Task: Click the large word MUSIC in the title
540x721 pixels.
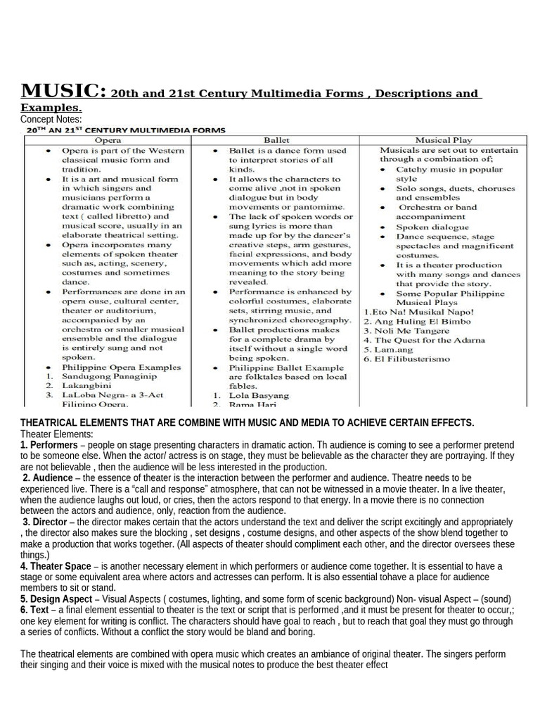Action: tap(63, 92)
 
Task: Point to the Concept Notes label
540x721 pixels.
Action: tap(52, 120)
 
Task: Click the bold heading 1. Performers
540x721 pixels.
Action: tap(49, 446)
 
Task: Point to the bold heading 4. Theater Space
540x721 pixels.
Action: tap(56, 566)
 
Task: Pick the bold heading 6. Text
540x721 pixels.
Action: tap(35, 610)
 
